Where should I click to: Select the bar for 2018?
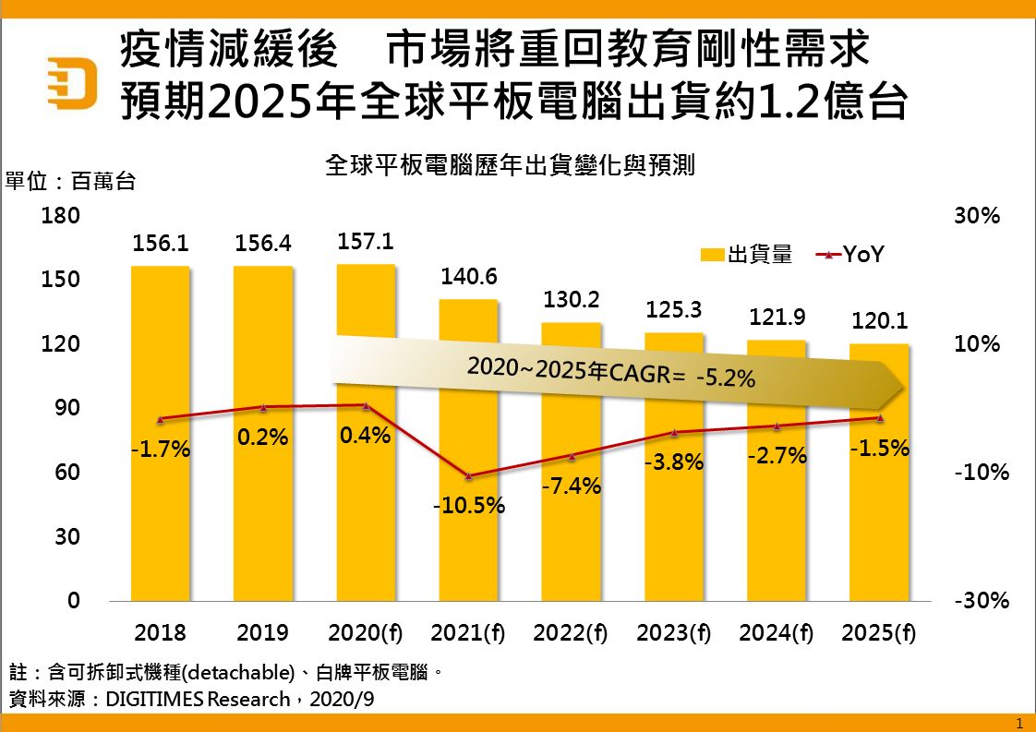pyautogui.click(x=160, y=434)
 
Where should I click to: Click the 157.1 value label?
pyautogui.click(x=367, y=241)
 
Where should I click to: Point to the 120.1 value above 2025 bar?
pyautogui.click(x=879, y=321)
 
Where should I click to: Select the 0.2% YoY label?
pyautogui.click(x=263, y=438)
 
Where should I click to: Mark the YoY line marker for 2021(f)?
pyautogui.click(x=468, y=475)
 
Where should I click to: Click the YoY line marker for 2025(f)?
pyautogui.click(x=879, y=418)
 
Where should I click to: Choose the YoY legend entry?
pyautogui.click(x=849, y=255)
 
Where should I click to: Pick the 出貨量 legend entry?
pyautogui.click(x=746, y=255)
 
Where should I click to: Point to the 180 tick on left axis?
pyautogui.click(x=62, y=216)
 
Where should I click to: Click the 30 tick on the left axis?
pyautogui.click(x=67, y=537)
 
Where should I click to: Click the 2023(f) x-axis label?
pyautogui.click(x=673, y=633)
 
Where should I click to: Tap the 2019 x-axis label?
pyautogui.click(x=262, y=633)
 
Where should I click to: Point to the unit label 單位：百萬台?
pyautogui.click(x=71, y=181)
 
